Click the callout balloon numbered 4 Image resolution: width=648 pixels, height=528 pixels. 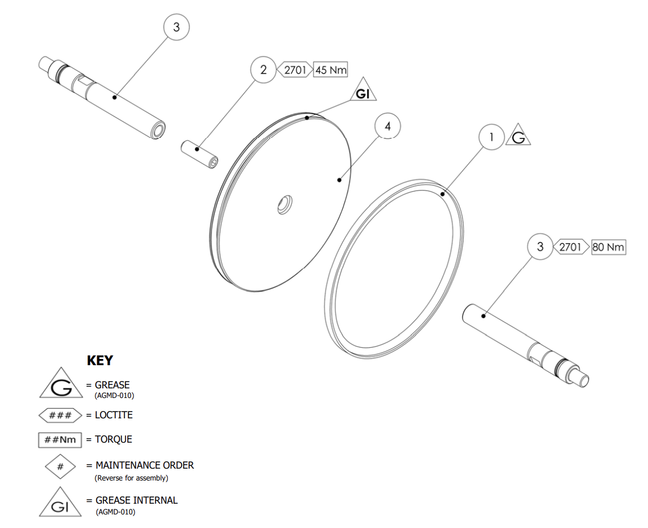[387, 127]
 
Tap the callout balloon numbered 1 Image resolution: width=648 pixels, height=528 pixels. [492, 137]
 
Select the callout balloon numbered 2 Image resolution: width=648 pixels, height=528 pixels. [263, 70]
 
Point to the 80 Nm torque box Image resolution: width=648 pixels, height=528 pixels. [608, 247]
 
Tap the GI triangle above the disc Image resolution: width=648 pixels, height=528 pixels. [363, 93]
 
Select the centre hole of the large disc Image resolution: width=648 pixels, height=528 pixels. [284, 205]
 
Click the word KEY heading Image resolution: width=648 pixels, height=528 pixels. [100, 360]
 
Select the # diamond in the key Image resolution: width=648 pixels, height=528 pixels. [61, 466]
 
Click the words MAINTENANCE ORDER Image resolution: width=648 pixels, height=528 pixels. [145, 466]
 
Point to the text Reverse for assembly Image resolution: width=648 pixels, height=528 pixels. [131, 478]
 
